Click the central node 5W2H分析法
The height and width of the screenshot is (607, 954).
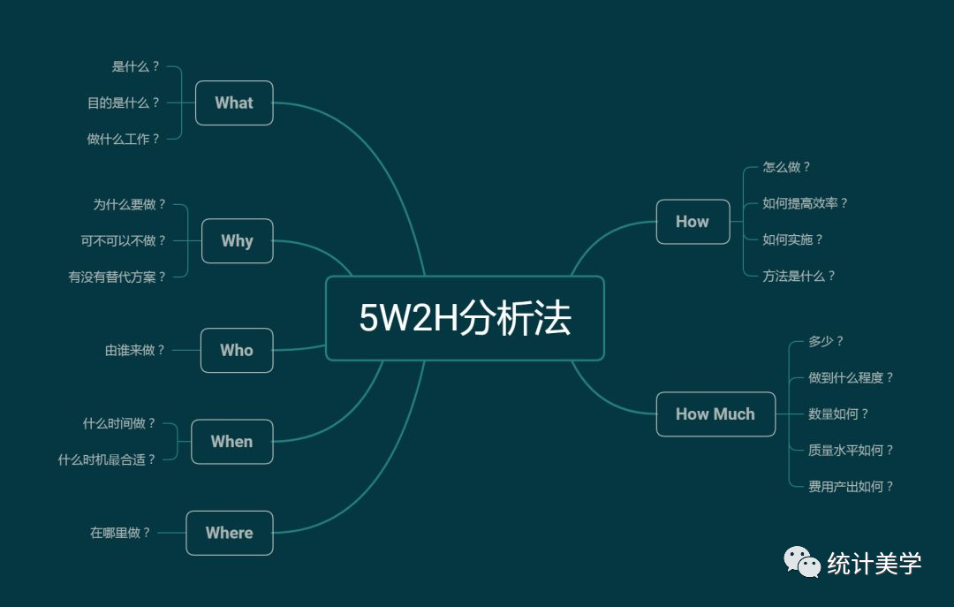(x=465, y=318)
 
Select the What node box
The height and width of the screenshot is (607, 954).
(x=234, y=102)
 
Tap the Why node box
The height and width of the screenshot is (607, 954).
(x=237, y=240)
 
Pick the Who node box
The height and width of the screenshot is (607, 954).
(x=237, y=350)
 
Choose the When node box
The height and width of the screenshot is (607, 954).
(x=231, y=442)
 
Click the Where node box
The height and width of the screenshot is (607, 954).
(x=230, y=533)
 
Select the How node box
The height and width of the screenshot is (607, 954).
(x=693, y=222)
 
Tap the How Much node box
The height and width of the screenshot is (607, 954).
(x=715, y=414)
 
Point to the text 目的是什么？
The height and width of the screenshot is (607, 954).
(x=125, y=102)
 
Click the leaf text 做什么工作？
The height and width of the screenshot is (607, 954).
(x=125, y=139)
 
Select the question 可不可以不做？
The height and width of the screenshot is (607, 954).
(x=124, y=240)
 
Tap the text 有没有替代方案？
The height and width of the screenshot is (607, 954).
(x=117, y=277)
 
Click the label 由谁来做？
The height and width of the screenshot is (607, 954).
(x=136, y=350)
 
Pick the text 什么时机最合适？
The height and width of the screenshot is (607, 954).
(x=107, y=459)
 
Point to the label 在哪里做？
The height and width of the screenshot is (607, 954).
(x=121, y=533)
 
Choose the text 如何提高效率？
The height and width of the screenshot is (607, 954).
(x=806, y=203)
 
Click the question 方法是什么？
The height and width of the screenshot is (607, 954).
(x=799, y=276)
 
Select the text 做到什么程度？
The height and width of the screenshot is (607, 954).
(x=852, y=377)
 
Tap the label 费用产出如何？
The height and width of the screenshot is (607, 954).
(x=852, y=486)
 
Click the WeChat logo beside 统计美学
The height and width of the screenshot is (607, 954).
(x=803, y=562)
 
